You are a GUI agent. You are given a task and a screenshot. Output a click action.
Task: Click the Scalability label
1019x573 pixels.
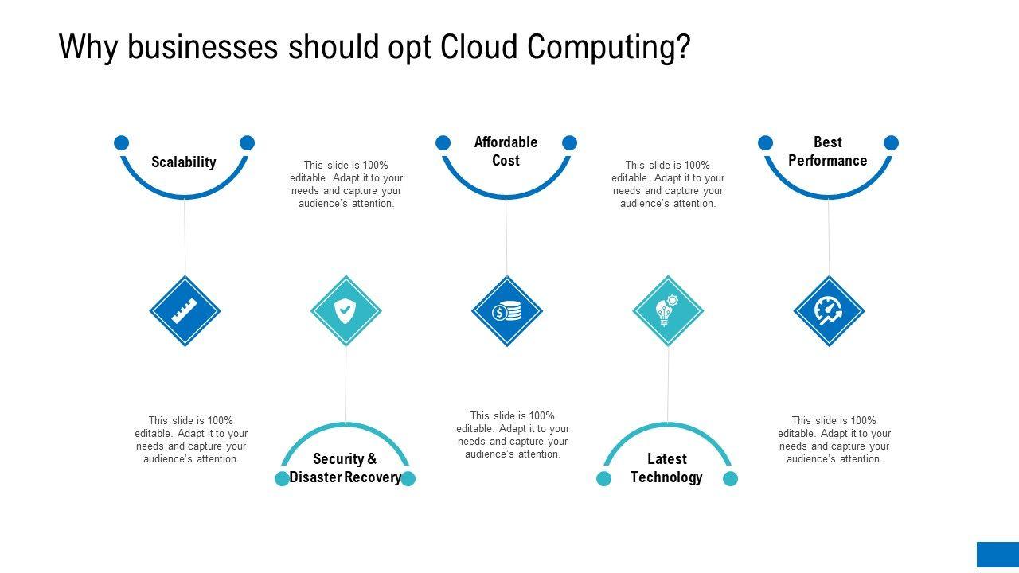pos(184,162)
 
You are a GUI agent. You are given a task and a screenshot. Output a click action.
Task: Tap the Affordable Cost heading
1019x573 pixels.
pos(506,151)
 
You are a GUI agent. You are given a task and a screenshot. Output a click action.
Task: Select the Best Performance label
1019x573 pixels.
pos(828,151)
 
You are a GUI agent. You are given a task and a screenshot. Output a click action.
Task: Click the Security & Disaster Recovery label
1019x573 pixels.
pos(345,468)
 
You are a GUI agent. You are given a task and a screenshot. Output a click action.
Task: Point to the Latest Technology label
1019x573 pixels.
pos(666,468)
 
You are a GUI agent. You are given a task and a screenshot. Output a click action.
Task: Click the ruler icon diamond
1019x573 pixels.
pos(185,311)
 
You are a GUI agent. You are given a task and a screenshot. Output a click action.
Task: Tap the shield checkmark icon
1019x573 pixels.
pos(346,311)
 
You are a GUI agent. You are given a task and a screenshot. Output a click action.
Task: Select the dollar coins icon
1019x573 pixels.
pos(507,311)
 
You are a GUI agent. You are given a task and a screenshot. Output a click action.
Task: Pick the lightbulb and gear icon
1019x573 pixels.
pos(668,311)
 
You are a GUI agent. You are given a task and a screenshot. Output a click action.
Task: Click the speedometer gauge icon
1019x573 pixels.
pos(829,311)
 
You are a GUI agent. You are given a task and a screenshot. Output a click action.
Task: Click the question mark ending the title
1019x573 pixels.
pos(683,48)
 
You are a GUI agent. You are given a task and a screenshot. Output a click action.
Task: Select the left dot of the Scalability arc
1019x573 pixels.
pos(121,142)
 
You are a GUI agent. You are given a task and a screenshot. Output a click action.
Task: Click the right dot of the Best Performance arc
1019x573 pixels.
pos(892,142)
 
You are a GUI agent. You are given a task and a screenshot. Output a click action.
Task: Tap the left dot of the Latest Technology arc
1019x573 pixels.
pos(604,478)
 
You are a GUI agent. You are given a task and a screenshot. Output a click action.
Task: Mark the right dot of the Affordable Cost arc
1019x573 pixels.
pos(569,142)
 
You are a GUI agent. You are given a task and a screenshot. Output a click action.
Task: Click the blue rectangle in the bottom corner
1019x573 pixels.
pos(998,555)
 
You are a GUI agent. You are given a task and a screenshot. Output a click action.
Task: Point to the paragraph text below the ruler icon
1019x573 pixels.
pos(191,439)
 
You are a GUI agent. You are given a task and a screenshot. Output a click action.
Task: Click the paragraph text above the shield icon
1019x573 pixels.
pos(346,184)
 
